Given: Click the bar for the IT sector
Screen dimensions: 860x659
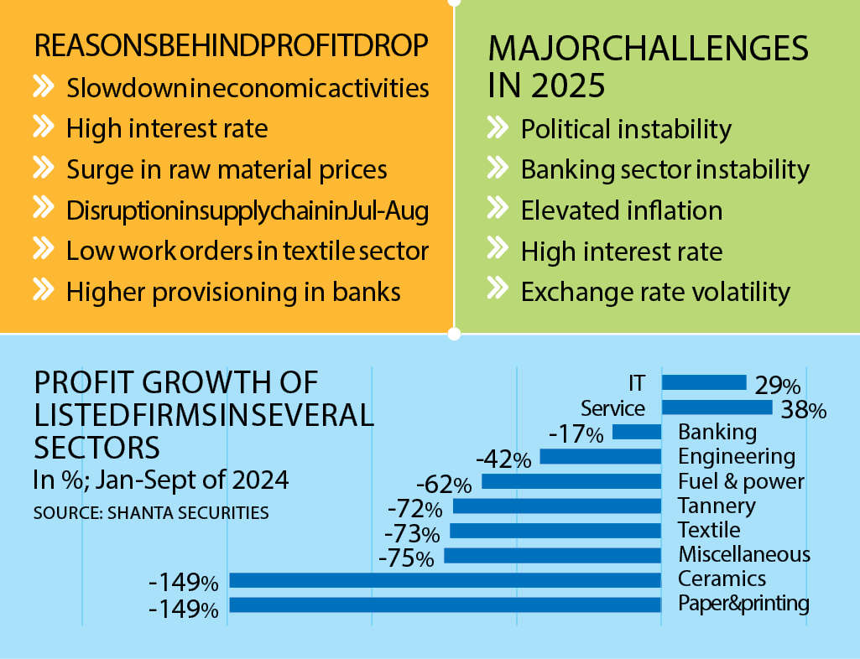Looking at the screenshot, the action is point(704,382).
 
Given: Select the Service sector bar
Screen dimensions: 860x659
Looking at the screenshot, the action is point(717,407).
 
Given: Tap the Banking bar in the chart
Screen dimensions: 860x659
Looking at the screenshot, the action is point(637,432).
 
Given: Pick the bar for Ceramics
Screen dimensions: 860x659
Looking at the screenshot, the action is point(446,580).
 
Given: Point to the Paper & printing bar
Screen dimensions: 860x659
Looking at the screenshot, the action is point(446,605).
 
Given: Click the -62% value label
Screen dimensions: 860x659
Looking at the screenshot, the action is point(444,485).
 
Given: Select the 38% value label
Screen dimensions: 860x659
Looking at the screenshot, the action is point(804,410).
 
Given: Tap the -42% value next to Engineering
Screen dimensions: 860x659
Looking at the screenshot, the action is point(503,459).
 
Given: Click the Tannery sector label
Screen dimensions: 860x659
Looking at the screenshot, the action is point(717,506).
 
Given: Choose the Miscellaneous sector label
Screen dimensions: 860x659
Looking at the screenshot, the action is point(744,554).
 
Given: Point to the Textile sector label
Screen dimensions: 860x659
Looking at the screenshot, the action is point(709,530).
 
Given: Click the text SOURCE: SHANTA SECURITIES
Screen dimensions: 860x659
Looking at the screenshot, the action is point(151,512).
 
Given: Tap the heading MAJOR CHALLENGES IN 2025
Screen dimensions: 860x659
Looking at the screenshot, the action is point(649,66).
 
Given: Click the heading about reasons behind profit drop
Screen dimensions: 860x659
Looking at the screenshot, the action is point(231,45).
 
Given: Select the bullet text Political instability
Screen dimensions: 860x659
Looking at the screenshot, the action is point(626,130).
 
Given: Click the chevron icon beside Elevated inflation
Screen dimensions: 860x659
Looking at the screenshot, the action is point(498,209).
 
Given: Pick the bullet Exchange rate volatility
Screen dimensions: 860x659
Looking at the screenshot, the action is point(655,293).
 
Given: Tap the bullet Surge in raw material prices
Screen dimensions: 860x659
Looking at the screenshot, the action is point(227,169).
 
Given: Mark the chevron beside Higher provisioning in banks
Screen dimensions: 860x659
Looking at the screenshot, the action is point(44,289).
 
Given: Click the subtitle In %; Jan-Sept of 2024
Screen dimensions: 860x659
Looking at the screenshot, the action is point(161,480).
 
